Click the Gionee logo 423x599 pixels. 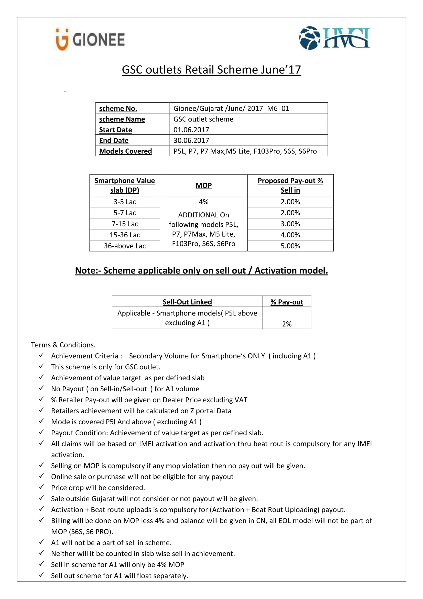(90, 39)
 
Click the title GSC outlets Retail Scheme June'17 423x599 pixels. (211, 70)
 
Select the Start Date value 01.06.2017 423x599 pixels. (191, 130)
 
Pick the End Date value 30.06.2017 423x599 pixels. (191, 140)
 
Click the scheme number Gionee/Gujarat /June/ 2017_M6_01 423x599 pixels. (231, 108)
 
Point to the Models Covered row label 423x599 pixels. (125, 151)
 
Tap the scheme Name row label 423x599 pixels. (122, 119)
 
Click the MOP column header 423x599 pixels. (203, 185)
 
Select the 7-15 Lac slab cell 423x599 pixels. (125, 224)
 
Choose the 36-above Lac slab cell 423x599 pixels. (125, 246)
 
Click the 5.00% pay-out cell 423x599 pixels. (290, 246)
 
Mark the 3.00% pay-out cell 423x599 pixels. (290, 224)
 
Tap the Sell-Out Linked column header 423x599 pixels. (187, 302)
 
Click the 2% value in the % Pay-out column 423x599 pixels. (287, 324)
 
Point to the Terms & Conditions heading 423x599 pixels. (63, 345)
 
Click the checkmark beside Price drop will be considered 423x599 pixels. (41, 487)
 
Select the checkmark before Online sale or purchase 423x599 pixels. (41, 476)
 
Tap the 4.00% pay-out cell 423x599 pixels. (290, 235)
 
